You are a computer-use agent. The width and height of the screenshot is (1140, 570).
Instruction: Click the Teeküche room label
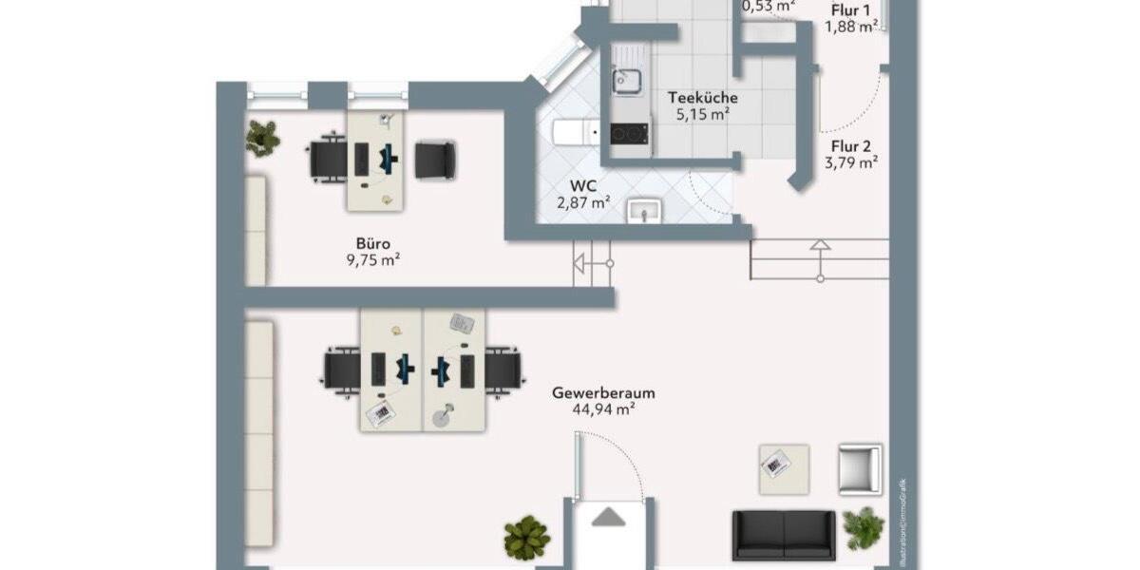[703, 97]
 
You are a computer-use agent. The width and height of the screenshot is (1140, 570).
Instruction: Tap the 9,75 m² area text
[372, 258]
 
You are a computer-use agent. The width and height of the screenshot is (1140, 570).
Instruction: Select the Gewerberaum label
[603, 392]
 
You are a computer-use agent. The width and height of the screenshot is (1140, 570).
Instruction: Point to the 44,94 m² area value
[603, 409]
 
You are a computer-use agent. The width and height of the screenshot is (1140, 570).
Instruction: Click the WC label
[584, 185]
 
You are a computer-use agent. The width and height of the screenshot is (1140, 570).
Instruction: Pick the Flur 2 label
[851, 146]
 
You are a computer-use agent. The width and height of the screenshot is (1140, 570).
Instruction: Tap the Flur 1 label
[851, 11]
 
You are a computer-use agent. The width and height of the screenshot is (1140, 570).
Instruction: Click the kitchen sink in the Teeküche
[627, 80]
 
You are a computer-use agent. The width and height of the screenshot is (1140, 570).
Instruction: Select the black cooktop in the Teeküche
[628, 134]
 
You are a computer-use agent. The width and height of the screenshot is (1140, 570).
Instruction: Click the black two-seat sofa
[784, 535]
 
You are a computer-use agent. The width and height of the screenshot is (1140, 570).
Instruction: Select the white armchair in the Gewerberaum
[860, 469]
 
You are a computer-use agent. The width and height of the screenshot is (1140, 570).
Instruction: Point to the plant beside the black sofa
[864, 528]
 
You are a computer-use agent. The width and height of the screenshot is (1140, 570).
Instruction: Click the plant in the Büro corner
[262, 138]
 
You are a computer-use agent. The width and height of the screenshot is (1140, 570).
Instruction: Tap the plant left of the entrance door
[527, 538]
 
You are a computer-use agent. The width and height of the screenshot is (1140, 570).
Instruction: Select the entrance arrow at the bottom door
[609, 517]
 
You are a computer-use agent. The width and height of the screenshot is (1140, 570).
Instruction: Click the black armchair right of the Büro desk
[435, 159]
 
